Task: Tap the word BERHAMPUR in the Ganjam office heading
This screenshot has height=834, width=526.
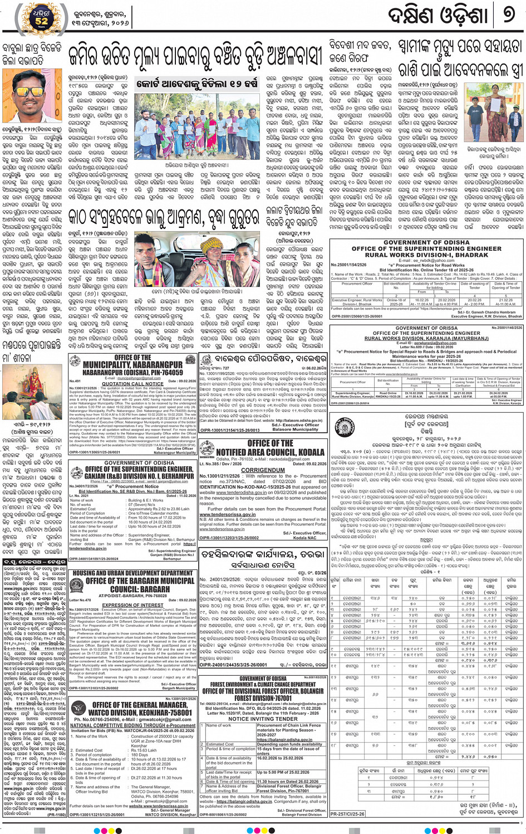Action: coord(178,476)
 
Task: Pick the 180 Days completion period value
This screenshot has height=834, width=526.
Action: coord(140,755)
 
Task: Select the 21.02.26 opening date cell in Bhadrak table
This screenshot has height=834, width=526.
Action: coord(505,299)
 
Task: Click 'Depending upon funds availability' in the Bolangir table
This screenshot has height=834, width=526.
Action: coord(289,744)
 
